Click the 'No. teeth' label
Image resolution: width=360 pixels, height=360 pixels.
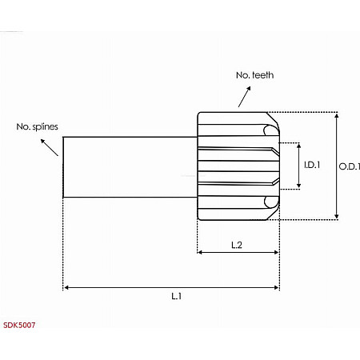254,74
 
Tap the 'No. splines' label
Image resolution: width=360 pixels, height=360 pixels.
37,126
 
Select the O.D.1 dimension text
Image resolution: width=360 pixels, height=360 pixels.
350,166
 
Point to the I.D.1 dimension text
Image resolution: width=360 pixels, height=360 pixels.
312,166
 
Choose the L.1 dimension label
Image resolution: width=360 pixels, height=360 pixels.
176,295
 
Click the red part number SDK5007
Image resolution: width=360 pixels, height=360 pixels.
18,326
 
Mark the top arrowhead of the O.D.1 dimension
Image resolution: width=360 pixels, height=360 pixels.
337,115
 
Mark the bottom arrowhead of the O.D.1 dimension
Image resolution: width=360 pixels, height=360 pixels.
337,216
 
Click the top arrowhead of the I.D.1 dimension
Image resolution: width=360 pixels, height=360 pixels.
299,146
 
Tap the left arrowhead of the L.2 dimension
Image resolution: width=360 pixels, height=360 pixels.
200,252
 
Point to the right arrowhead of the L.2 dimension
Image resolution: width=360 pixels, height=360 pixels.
276,252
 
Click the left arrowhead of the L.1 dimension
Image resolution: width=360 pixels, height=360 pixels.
66,286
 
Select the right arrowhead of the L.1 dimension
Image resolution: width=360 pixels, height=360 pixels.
276,286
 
